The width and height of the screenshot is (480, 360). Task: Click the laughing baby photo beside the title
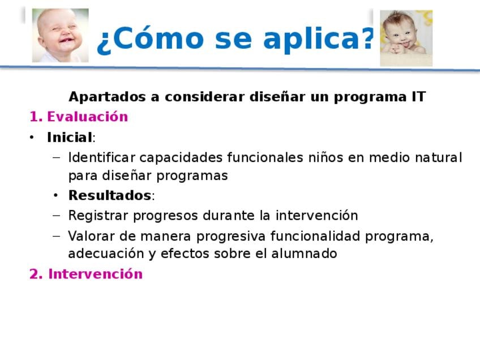coord(61,35)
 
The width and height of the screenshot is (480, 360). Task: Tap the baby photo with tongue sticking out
coord(406,38)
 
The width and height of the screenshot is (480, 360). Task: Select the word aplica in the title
coord(312,39)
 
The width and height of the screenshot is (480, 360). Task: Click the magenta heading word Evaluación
coord(87,117)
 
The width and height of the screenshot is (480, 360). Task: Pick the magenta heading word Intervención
coord(95,273)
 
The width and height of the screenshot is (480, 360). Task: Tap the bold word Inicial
coord(70,137)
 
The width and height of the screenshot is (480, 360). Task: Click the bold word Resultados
coord(110,195)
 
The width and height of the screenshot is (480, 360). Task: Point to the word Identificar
coord(102,157)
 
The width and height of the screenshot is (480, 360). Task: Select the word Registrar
coord(98,216)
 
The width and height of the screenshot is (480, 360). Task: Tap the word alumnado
coord(304,254)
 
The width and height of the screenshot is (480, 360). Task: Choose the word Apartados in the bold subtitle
coord(107,97)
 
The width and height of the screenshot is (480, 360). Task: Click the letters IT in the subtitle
coord(418,97)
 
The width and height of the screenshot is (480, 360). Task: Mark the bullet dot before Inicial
coord(32,138)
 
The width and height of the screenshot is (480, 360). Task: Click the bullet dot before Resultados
coord(55,195)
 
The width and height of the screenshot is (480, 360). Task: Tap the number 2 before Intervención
coord(33,273)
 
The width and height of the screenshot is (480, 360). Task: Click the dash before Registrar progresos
coord(57,215)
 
